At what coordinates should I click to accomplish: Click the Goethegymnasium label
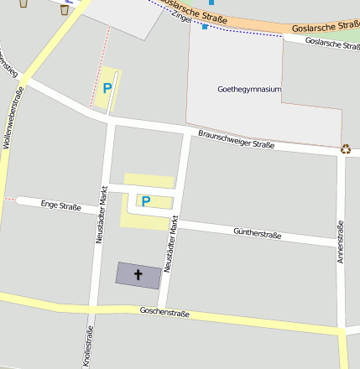248,88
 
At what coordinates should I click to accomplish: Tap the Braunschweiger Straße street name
237,139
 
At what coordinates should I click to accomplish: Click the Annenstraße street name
341,242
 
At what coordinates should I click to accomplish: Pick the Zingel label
180,17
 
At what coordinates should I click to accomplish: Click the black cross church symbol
138,273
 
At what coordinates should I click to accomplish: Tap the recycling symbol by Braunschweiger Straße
346,149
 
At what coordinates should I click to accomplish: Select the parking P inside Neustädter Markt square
145,201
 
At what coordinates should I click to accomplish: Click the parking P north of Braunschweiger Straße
107,87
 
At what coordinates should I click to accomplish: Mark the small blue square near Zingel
205,27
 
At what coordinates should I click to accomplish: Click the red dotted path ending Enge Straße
8,200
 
